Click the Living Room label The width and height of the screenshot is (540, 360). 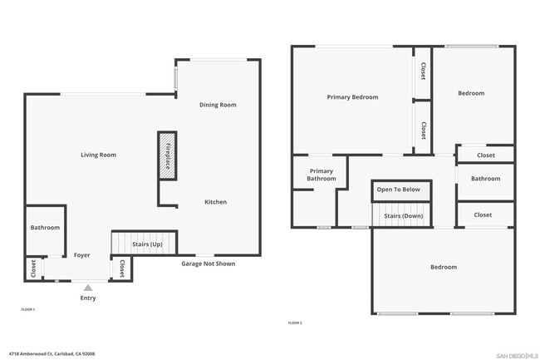pyautogui.click(x=98, y=155)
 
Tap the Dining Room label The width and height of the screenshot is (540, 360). pyautogui.click(x=218, y=105)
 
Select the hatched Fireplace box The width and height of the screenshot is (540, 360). pyautogui.click(x=167, y=155)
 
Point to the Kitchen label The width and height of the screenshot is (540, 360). pyautogui.click(x=215, y=202)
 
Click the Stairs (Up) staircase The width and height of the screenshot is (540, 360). pyautogui.click(x=145, y=244)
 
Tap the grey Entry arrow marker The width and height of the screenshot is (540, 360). pyautogui.click(x=88, y=288)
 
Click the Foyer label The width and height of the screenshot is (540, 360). pyautogui.click(x=81, y=255)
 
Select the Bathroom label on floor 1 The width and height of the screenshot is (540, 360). pyautogui.click(x=45, y=228)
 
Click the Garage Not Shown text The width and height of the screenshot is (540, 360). pyautogui.click(x=208, y=264)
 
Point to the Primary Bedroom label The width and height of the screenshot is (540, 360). pyautogui.click(x=352, y=97)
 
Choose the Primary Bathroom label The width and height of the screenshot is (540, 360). pyautogui.click(x=321, y=175)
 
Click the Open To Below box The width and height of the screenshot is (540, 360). pyautogui.click(x=399, y=190)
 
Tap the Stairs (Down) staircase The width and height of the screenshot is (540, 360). pyautogui.click(x=402, y=215)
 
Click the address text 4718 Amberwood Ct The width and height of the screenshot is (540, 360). pyautogui.click(x=52, y=353)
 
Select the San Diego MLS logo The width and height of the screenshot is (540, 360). pyautogui.click(x=516, y=355)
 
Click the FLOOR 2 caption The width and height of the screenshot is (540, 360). pyautogui.click(x=294, y=323)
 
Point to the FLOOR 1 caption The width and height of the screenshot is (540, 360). pyautogui.click(x=27, y=309)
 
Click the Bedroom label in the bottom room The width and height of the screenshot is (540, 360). pyautogui.click(x=443, y=267)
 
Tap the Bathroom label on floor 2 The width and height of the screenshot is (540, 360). pyautogui.click(x=485, y=179)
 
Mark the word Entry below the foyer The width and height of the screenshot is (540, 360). pyautogui.click(x=87, y=298)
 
